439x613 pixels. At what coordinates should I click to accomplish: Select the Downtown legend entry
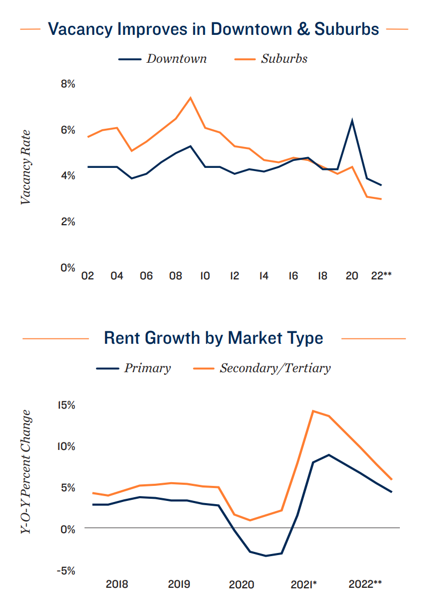point(176,58)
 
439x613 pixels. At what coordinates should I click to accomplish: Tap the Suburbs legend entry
point(284,58)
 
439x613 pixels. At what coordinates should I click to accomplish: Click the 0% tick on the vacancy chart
point(67,267)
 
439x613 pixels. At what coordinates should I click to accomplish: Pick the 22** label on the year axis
point(381,276)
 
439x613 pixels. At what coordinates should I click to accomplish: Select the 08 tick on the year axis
point(175,276)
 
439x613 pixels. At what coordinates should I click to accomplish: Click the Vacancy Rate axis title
point(26,167)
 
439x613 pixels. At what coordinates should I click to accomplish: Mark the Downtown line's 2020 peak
point(352,120)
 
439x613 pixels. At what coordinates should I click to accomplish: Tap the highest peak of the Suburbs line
point(190,98)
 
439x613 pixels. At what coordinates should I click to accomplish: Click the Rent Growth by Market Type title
point(213,338)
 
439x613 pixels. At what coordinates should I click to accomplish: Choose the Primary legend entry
point(147,368)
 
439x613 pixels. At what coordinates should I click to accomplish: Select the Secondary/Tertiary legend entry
point(275,368)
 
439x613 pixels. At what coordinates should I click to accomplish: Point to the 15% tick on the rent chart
point(67,405)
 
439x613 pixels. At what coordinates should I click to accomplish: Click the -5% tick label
point(66,571)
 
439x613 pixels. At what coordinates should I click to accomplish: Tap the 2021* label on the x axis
point(304,584)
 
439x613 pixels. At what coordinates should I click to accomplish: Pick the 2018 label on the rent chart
point(117,584)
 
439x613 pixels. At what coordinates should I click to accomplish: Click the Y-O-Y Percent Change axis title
point(26,472)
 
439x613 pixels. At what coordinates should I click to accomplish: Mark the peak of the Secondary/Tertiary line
point(313,411)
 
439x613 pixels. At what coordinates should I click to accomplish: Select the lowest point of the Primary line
point(266,556)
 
